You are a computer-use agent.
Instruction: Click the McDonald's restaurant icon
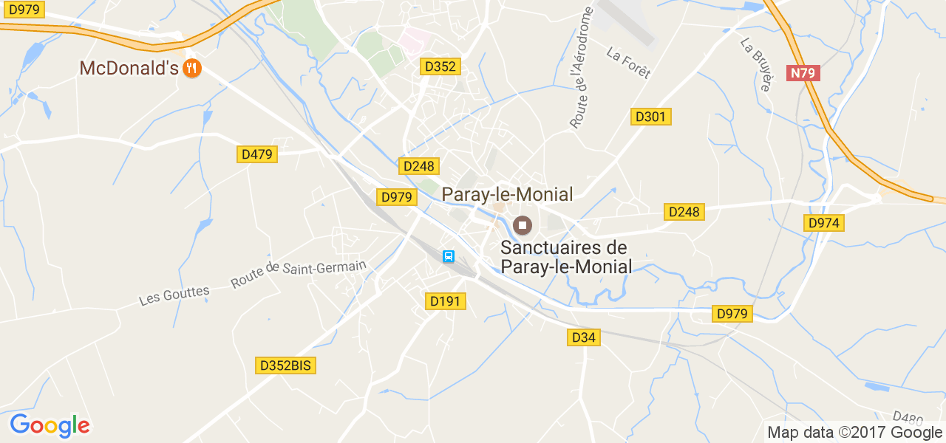[x=192, y=69]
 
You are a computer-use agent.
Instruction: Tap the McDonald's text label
[x=129, y=69]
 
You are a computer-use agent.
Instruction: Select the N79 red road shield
[x=804, y=73]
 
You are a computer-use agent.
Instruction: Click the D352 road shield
[x=440, y=66]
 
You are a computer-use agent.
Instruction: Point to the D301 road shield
[x=651, y=116]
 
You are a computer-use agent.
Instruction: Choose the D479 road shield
[x=257, y=154]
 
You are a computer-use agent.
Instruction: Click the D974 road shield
[x=824, y=223]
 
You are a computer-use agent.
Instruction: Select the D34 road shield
[x=584, y=337]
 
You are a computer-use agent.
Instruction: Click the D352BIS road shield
[x=286, y=365]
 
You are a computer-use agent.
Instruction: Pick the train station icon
[x=449, y=256]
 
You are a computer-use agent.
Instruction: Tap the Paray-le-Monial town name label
[x=507, y=194]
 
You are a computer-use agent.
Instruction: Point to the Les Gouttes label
[x=174, y=295]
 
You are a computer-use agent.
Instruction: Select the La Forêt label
[x=628, y=63]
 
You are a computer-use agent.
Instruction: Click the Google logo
[x=50, y=425]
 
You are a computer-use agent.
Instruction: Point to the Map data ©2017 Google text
[x=854, y=433]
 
